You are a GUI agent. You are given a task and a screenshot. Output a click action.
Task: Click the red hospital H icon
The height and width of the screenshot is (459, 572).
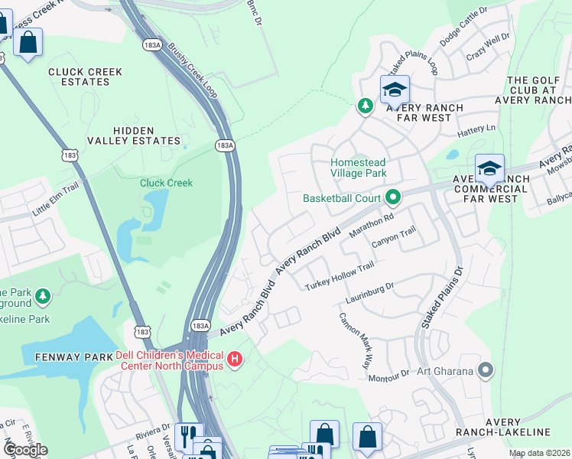235,358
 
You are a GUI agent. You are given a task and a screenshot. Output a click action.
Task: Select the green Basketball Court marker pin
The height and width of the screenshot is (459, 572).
394,198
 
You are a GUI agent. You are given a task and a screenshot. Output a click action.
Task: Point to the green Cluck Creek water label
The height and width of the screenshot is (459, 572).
166,183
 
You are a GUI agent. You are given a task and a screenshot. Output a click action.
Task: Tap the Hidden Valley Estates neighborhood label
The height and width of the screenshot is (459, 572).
145,136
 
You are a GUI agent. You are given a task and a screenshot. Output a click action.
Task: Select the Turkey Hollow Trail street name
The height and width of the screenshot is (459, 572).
340,276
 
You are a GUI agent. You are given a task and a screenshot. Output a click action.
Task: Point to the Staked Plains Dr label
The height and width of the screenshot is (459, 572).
441,299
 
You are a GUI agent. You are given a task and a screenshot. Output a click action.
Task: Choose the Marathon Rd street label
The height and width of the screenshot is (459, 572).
371,226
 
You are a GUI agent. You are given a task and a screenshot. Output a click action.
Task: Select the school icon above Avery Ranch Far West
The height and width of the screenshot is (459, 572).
395,90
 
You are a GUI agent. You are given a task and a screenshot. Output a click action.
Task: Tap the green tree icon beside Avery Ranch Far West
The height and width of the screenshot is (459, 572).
366,106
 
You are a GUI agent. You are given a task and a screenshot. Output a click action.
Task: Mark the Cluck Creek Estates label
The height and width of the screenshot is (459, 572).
85,76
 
